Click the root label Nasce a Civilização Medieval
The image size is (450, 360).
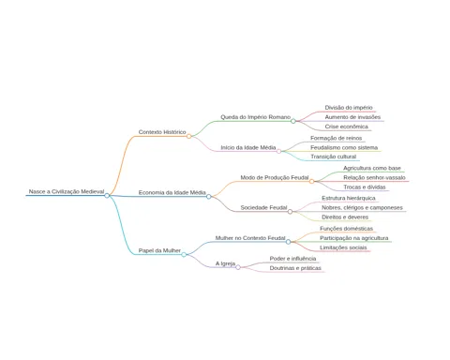tap(67, 191)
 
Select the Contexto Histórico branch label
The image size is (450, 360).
tap(162, 132)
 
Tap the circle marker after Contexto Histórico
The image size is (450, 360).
tap(188, 136)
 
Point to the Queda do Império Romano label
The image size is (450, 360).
tap(256, 117)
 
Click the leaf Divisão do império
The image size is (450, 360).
tap(349, 108)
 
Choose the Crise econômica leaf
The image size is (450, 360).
tap(347, 127)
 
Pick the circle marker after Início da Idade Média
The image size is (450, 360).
tap(278, 152)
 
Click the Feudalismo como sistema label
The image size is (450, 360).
tap(344, 147)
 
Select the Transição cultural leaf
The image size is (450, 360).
tap(333, 157)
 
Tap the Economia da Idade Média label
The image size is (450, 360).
tap(172, 192)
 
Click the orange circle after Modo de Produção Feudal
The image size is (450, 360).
tap(311, 181)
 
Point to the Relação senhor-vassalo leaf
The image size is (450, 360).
tap(374, 177)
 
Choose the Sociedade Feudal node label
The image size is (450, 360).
tap(263, 207)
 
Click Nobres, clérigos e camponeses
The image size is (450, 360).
tap(362, 207)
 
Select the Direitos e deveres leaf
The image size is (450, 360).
tap(345, 217)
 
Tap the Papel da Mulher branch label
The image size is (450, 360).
tap(159, 250)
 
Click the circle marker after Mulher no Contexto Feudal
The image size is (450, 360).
tap(288, 242)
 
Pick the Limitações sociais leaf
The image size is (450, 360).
tap(343, 247)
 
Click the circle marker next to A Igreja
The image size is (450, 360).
tap(238, 267)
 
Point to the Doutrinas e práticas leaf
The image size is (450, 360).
tap(295, 268)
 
